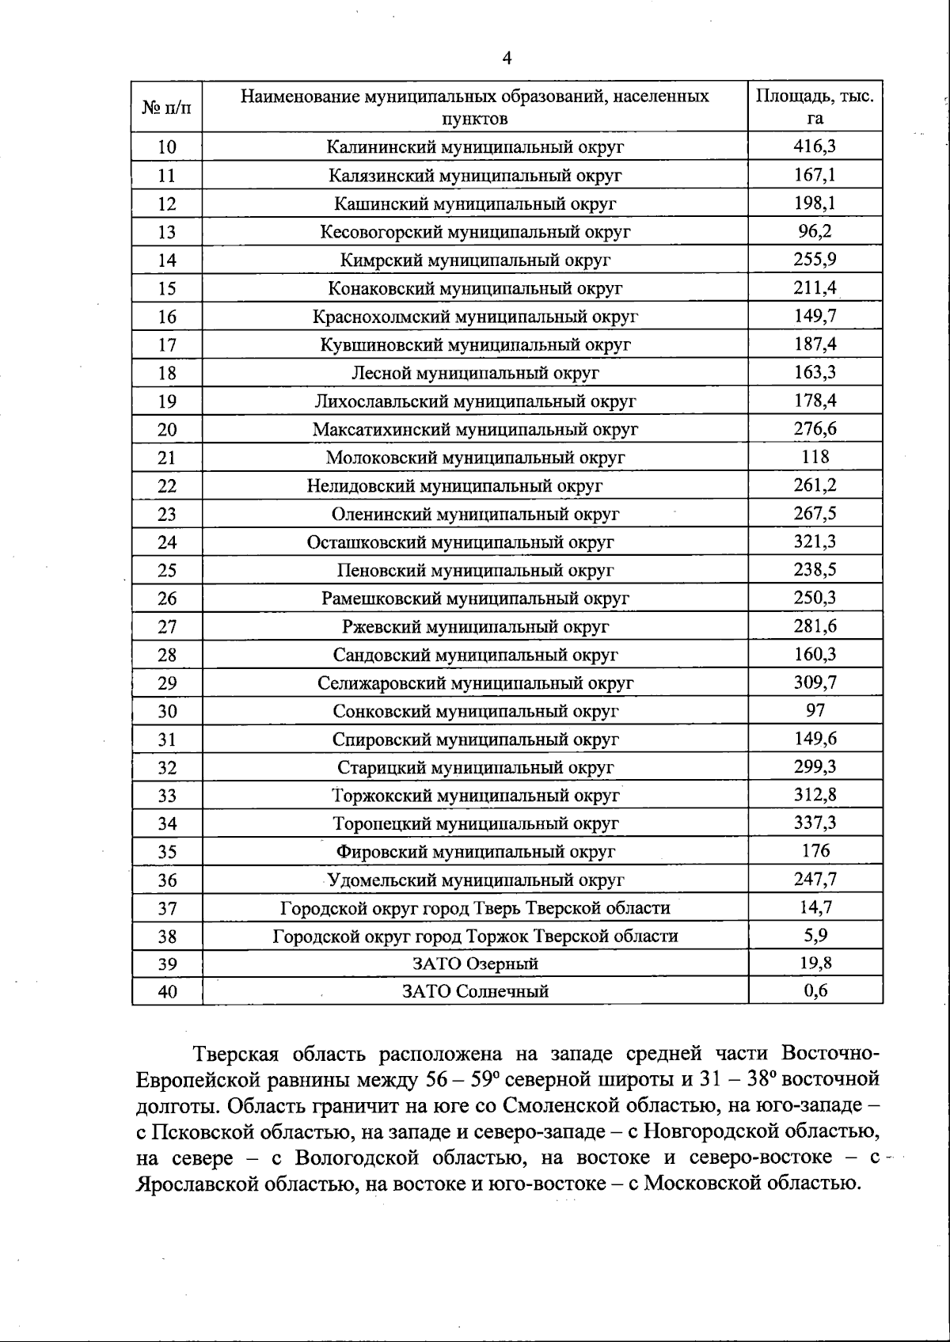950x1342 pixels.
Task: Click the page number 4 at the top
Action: click(507, 58)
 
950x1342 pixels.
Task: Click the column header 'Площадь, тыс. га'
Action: click(815, 107)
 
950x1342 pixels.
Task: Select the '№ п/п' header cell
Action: click(167, 107)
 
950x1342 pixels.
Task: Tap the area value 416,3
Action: click(815, 146)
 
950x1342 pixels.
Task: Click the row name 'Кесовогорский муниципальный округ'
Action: click(475, 232)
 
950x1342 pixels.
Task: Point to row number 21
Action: click(167, 458)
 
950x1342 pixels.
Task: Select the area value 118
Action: click(815, 457)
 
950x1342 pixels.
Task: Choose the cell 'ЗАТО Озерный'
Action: click(475, 964)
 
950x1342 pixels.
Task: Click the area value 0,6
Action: click(815, 990)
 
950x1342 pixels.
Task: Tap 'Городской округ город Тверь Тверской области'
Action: click(475, 908)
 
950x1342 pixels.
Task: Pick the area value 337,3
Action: click(815, 823)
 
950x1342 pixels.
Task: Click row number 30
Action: click(167, 711)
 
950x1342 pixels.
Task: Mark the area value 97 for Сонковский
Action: click(815, 710)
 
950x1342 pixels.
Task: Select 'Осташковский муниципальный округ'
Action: click(460, 542)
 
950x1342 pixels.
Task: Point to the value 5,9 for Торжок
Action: click(815, 935)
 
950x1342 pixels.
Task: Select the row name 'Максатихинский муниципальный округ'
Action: click(475, 429)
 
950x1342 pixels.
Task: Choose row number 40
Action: click(167, 991)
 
